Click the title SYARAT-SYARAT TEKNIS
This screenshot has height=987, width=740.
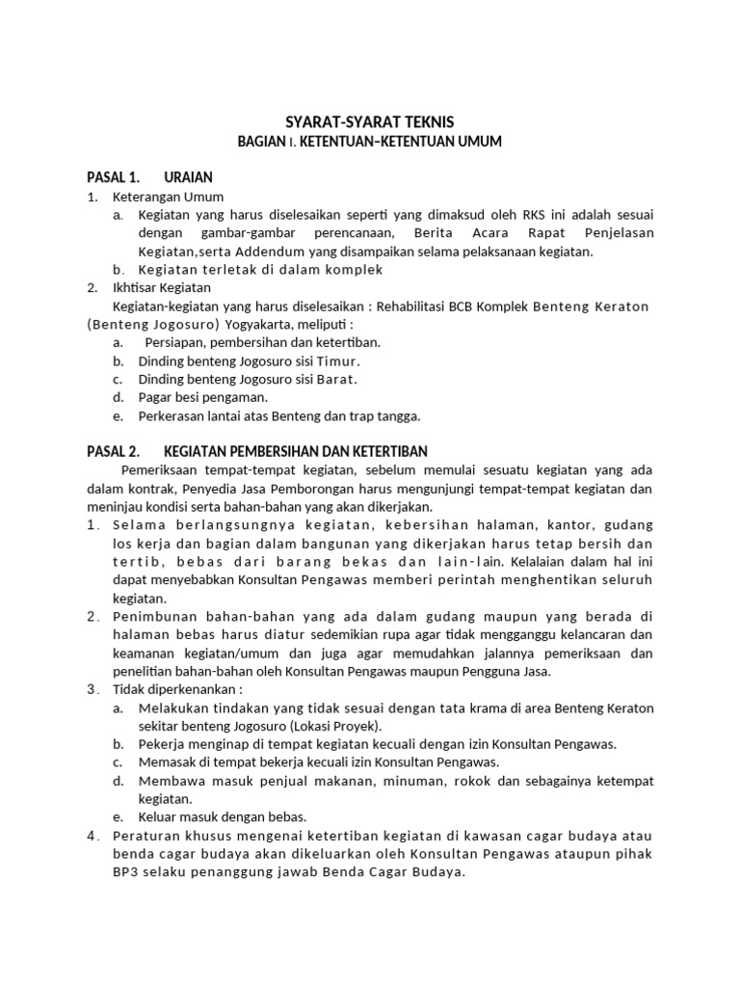tap(370, 122)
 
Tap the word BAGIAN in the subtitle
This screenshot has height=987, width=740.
tap(262, 143)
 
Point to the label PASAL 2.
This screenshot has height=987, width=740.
tap(114, 451)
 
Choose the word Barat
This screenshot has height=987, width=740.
tap(336, 379)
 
